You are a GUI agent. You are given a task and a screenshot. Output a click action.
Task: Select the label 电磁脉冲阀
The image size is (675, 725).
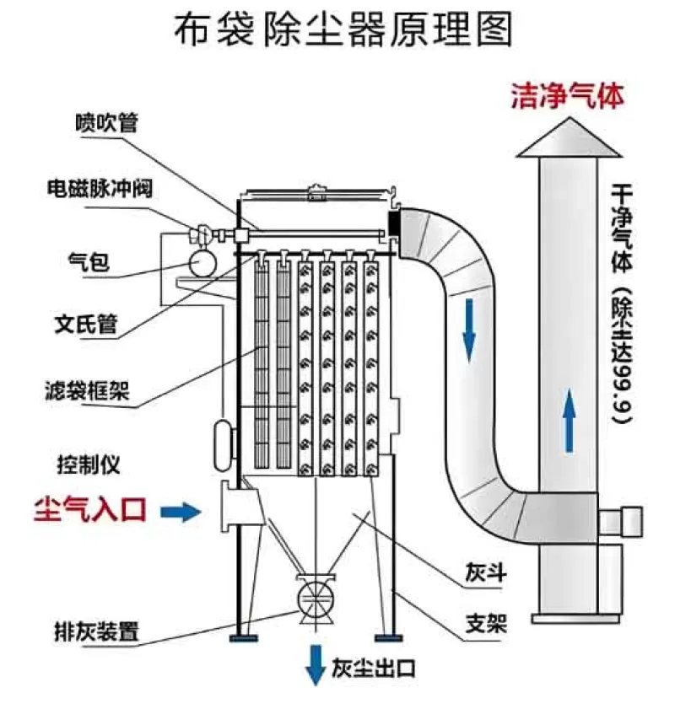pyautogui.click(x=99, y=187)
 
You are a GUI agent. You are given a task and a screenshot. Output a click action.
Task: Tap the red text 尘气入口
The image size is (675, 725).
pyautogui.click(x=90, y=509)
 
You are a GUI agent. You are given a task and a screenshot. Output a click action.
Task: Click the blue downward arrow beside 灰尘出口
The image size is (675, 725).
pyautogui.click(x=316, y=663)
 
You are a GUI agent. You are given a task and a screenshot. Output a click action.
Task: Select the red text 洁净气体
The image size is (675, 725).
pyautogui.click(x=567, y=96)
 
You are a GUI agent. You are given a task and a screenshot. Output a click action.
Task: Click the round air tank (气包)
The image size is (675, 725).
pyautogui.click(x=202, y=263)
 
